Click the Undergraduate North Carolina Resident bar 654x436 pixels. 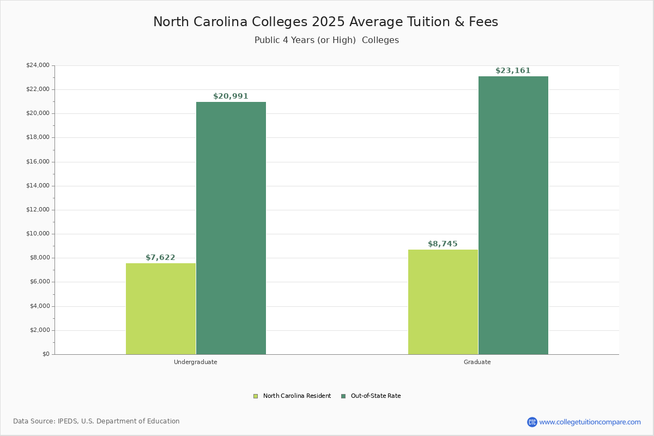pos(161,308)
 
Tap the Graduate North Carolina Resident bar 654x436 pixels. pos(443,302)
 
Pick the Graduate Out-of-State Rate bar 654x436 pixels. pos(513,215)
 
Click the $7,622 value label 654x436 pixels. pos(160,258)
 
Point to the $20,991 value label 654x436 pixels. pos(231,96)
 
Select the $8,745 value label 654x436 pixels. pos(443,244)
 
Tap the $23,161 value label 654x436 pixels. pos(513,71)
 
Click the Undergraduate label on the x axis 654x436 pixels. pos(196,362)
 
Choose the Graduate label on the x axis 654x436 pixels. pos(477,362)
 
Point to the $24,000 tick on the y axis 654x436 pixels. pos(38,65)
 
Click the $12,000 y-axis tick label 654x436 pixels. pos(38,210)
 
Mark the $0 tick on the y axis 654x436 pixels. pos(45,354)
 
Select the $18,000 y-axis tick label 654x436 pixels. pos(38,137)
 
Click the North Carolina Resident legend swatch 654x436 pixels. pos(256,396)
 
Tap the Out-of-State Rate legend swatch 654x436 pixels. pos(343,396)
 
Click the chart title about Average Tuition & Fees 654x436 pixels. pos(325,22)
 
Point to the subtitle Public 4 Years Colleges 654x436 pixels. pos(326,40)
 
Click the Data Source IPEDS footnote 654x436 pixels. pos(96,421)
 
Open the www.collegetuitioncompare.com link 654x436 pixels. pos(590,422)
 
